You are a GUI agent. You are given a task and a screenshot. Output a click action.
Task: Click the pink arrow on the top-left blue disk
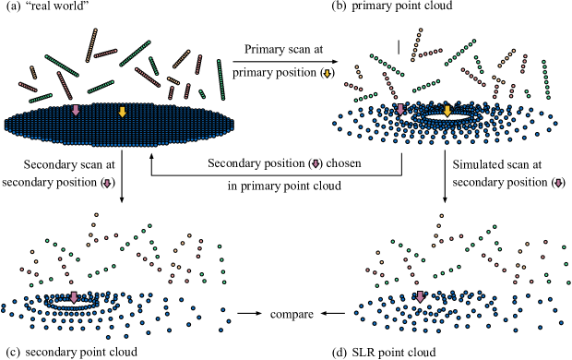pos(76,110)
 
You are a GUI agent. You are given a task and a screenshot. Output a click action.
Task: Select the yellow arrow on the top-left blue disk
pos(122,112)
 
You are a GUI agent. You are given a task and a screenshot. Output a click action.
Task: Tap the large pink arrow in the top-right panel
pos(400,109)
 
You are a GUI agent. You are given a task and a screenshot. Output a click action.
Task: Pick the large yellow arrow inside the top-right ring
pos(447,111)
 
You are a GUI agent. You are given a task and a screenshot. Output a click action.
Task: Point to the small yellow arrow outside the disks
pos(327,73)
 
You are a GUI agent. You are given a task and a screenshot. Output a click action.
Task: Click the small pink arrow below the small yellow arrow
pos(316,163)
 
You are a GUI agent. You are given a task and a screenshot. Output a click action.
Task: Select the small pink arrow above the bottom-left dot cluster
pos(107,184)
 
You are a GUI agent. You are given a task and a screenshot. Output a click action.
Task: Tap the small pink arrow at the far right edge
pos(558,183)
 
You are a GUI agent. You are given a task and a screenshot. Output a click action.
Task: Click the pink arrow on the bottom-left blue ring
pos(74,297)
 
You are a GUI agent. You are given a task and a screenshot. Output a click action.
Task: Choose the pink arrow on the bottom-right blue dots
pos(420,296)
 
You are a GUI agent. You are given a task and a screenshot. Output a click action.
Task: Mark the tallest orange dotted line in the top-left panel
pos(91,45)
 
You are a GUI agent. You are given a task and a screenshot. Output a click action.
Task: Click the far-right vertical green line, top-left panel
pos(220,79)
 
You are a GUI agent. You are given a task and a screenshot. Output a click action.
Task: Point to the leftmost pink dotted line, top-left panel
pos(28,87)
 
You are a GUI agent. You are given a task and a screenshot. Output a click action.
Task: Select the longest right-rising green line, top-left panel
pos(135,54)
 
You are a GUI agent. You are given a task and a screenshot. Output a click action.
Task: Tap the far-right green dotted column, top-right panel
pos(545,79)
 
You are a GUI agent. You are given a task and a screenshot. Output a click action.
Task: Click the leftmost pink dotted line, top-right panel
pos(353,87)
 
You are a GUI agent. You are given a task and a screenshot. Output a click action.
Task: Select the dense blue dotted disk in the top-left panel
pos(119,126)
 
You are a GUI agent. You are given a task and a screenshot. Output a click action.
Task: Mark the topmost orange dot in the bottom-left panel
pos(96,215)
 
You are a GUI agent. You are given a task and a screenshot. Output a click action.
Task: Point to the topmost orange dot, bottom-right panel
pos(441,216)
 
